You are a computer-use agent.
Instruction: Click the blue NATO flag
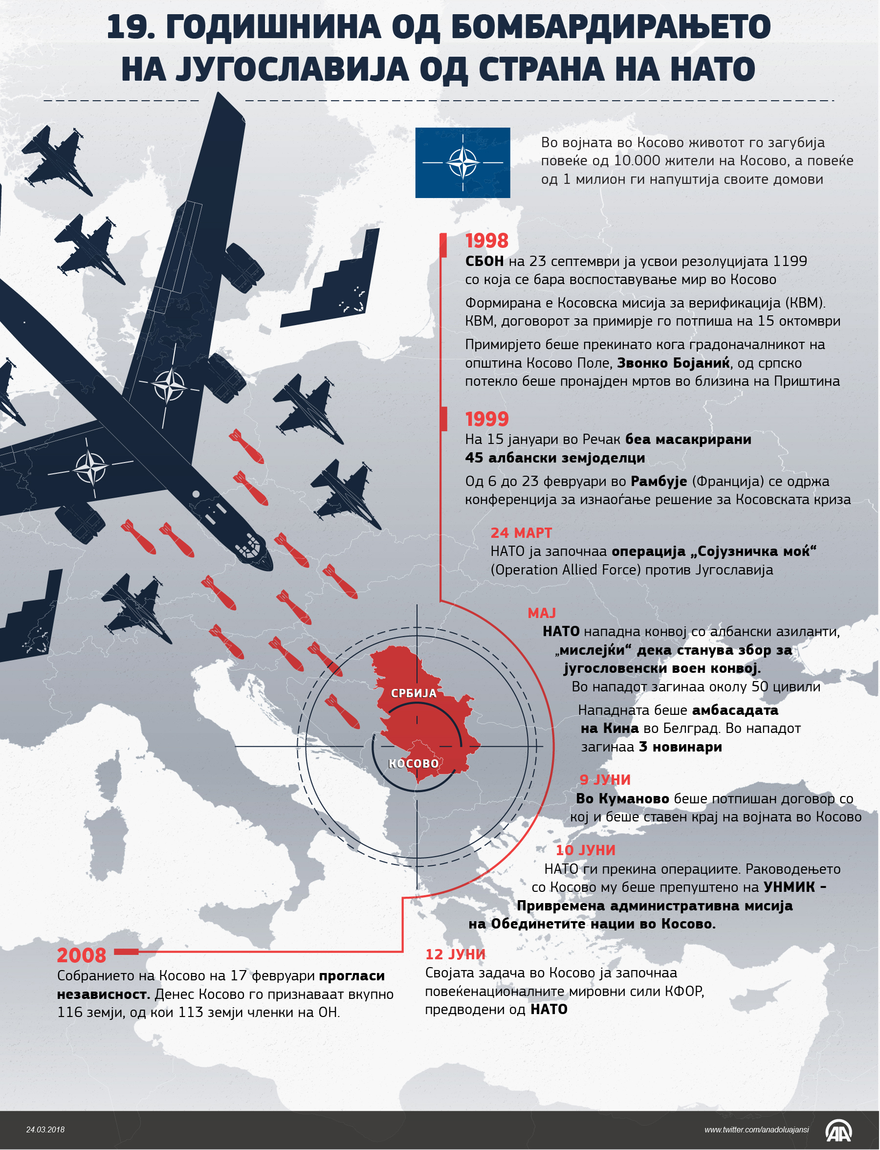click(x=462, y=162)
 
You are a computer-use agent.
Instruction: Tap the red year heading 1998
click(x=486, y=241)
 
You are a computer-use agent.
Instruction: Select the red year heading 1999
click(x=486, y=419)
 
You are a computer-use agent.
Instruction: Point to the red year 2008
click(x=81, y=955)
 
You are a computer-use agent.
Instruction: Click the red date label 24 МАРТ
click(x=521, y=533)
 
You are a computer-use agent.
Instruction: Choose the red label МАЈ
click(x=541, y=613)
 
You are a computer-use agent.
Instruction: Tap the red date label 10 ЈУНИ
click(x=585, y=850)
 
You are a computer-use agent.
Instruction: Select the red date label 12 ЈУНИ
click(x=455, y=954)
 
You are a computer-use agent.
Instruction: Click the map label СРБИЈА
click(x=414, y=693)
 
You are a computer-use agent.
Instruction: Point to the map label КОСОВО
click(x=413, y=763)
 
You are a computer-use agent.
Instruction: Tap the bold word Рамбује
click(x=658, y=481)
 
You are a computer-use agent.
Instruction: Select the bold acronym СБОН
click(x=484, y=261)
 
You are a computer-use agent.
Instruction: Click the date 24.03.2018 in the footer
click(x=45, y=1129)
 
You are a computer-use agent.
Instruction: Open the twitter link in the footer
click(x=756, y=1130)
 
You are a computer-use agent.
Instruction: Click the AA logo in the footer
click(x=839, y=1130)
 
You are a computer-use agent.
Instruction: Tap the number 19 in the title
click(x=130, y=27)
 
